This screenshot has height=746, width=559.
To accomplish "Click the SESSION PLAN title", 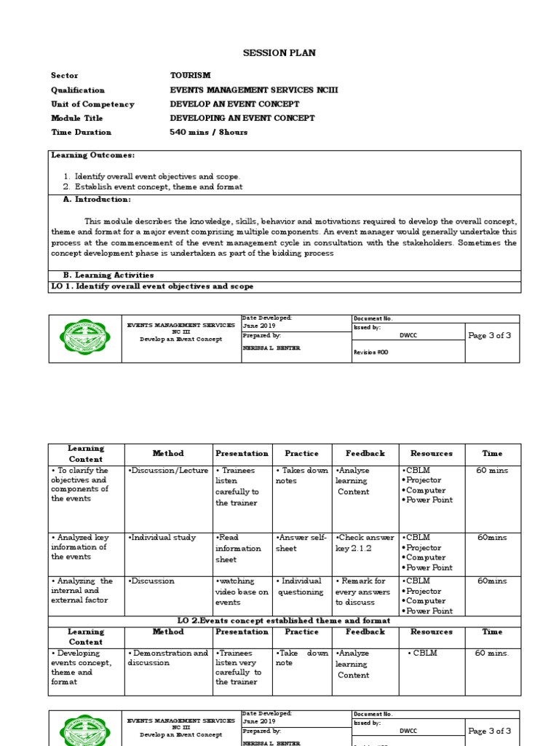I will (x=269, y=53).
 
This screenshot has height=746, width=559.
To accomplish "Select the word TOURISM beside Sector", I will (x=190, y=75).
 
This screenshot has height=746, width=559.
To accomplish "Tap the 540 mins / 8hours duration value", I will (x=208, y=132).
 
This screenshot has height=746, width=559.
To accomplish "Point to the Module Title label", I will (x=76, y=118).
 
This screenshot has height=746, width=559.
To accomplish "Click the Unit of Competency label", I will (x=92, y=104).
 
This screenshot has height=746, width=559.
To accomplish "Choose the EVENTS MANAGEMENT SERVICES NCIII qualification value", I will (x=253, y=90).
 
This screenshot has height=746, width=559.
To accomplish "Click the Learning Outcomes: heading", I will (x=92, y=155).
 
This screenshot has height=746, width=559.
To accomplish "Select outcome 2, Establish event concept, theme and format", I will (x=159, y=186).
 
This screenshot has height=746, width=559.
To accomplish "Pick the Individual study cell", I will (x=162, y=538).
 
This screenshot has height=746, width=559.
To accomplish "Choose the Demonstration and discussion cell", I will (x=167, y=658).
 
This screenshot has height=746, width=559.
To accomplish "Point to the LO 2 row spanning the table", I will (x=285, y=621).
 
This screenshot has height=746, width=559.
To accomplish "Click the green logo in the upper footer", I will (x=85, y=339).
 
